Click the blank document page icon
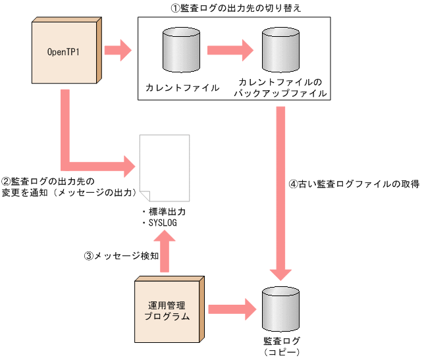pos(164,168)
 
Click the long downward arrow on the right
pos(282,191)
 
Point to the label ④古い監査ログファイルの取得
pos(354,184)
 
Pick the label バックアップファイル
pos(281,93)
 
